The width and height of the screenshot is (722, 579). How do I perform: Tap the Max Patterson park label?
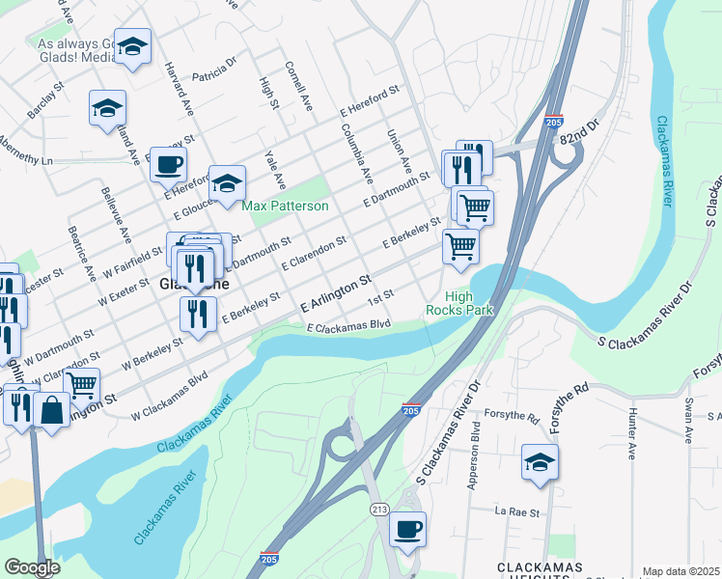pos(285,207)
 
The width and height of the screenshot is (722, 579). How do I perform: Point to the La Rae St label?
pos(517,512)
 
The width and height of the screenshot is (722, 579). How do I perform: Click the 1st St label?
pos(381,294)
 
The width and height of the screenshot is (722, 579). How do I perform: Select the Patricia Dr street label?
pos(214,69)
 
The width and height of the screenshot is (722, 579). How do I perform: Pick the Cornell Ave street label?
pos(298,86)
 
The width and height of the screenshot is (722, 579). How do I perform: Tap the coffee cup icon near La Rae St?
pos(407,529)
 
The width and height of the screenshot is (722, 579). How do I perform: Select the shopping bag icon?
pos(51,409)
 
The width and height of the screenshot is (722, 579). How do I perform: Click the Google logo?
pos(32,566)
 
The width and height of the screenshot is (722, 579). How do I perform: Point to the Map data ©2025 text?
pos(681,571)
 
